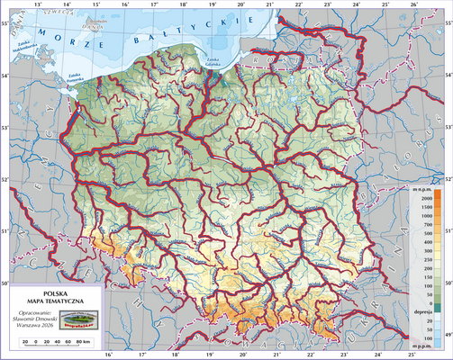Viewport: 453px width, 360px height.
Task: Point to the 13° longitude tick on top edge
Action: [37, 5]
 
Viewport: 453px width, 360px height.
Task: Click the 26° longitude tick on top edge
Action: [412, 5]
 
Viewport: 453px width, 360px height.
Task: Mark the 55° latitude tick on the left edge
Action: [5, 34]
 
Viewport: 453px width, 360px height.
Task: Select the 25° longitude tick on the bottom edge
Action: [385, 355]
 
